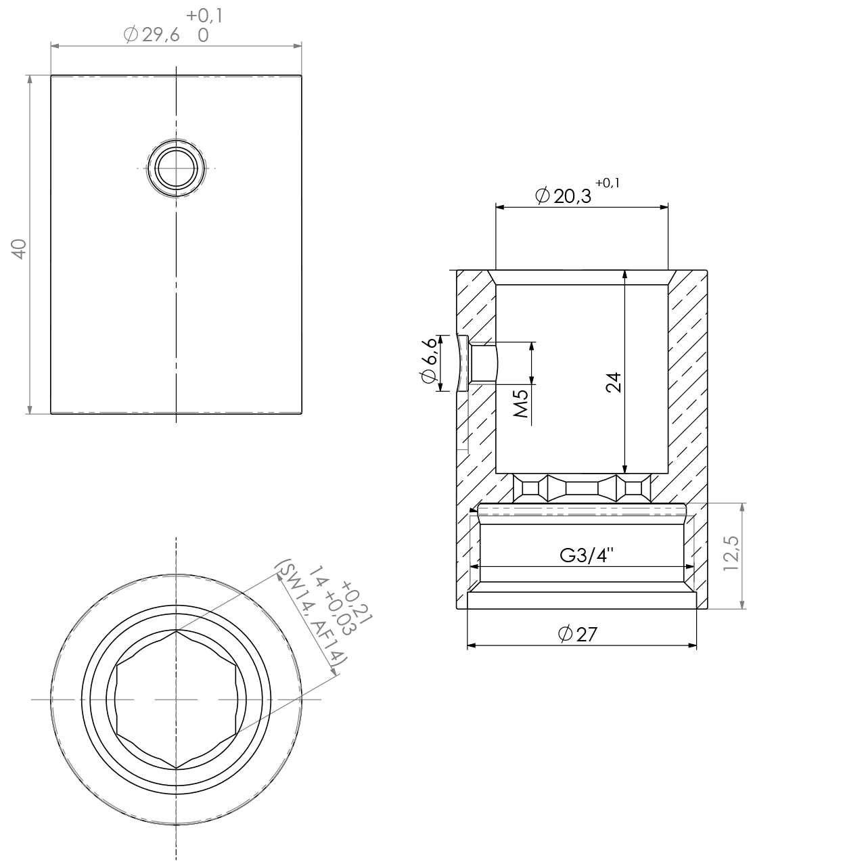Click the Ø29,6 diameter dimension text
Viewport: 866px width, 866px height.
pyautogui.click(x=152, y=35)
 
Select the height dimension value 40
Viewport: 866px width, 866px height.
pyautogui.click(x=20, y=248)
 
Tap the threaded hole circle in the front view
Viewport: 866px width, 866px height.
pyautogui.click(x=176, y=168)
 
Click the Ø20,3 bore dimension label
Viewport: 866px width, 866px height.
pyautogui.click(x=563, y=196)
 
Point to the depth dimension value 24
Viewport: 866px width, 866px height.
pyautogui.click(x=613, y=382)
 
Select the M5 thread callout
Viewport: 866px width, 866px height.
pyautogui.click(x=520, y=403)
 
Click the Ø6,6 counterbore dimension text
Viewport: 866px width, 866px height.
pyautogui.click(x=429, y=362)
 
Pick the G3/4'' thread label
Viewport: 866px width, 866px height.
pyautogui.click(x=587, y=556)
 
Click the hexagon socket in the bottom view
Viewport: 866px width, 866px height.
pyautogui.click(x=176, y=700)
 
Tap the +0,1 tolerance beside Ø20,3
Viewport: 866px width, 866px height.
pyautogui.click(x=608, y=183)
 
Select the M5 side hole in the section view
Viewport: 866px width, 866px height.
pyautogui.click(x=483, y=363)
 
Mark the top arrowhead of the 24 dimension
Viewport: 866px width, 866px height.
pyautogui.click(x=624, y=274)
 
